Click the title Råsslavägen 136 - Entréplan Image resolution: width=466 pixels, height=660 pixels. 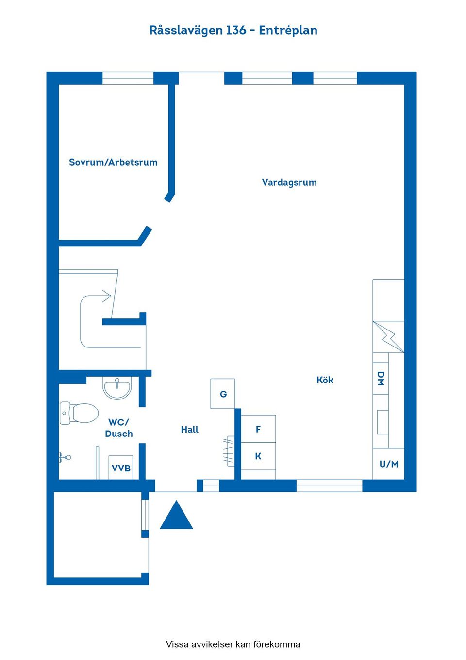click(x=233, y=30)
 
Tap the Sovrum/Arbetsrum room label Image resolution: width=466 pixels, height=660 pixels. click(x=113, y=162)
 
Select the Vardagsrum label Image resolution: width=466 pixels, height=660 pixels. click(x=289, y=182)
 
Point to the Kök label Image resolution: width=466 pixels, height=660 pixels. click(x=325, y=380)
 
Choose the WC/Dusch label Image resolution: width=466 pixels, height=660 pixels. click(x=119, y=428)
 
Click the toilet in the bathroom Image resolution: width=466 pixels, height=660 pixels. click(x=79, y=413)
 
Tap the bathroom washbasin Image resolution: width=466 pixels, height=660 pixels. click(x=117, y=388)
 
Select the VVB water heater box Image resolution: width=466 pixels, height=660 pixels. click(x=121, y=468)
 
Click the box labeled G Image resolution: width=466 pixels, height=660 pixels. click(x=223, y=394)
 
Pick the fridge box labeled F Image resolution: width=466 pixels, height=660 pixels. click(x=258, y=429)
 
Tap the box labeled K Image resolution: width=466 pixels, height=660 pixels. click(x=258, y=456)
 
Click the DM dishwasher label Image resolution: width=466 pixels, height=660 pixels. click(x=381, y=379)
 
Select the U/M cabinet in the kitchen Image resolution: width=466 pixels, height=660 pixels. click(x=389, y=464)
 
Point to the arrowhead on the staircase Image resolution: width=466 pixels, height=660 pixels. click(x=106, y=296)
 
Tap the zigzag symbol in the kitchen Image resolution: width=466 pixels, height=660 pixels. click(x=389, y=336)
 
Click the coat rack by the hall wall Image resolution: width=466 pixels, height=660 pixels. click(x=229, y=451)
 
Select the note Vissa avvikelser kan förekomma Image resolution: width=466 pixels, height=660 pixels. click(x=233, y=644)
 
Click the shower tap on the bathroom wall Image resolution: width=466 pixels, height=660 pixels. click(x=65, y=458)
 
